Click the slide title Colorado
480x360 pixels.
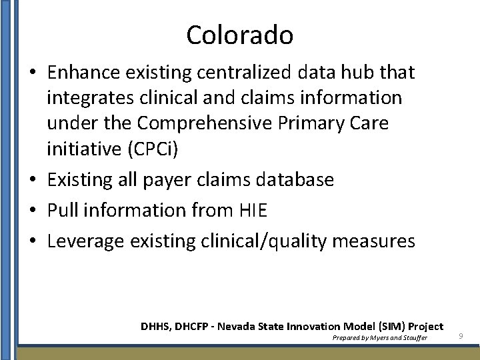[x=239, y=35]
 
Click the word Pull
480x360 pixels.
[x=61, y=211]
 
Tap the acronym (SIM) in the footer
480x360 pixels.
[x=393, y=327]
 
